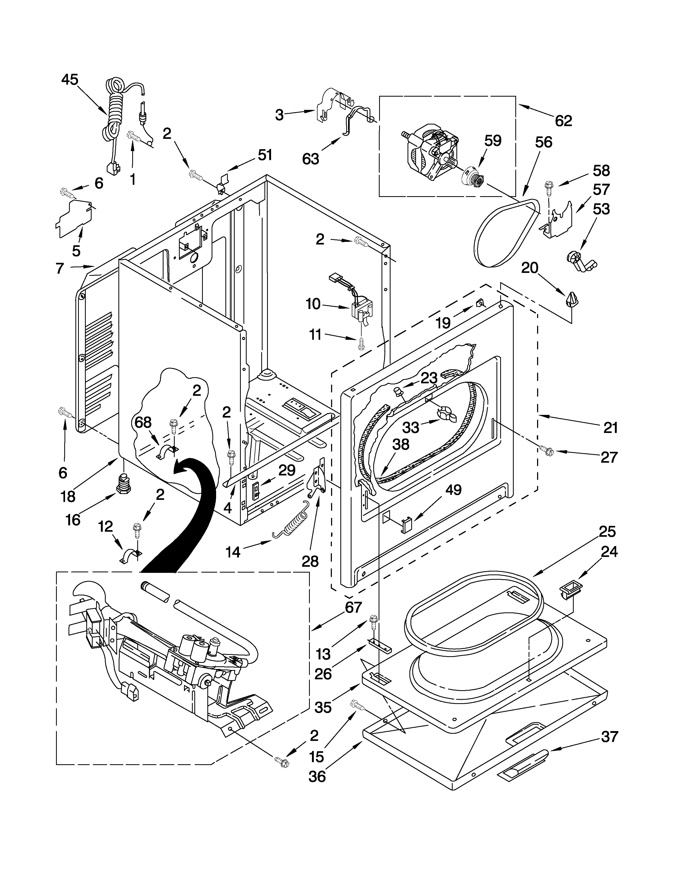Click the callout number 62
coord(563,120)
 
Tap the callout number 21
coord(610,428)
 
